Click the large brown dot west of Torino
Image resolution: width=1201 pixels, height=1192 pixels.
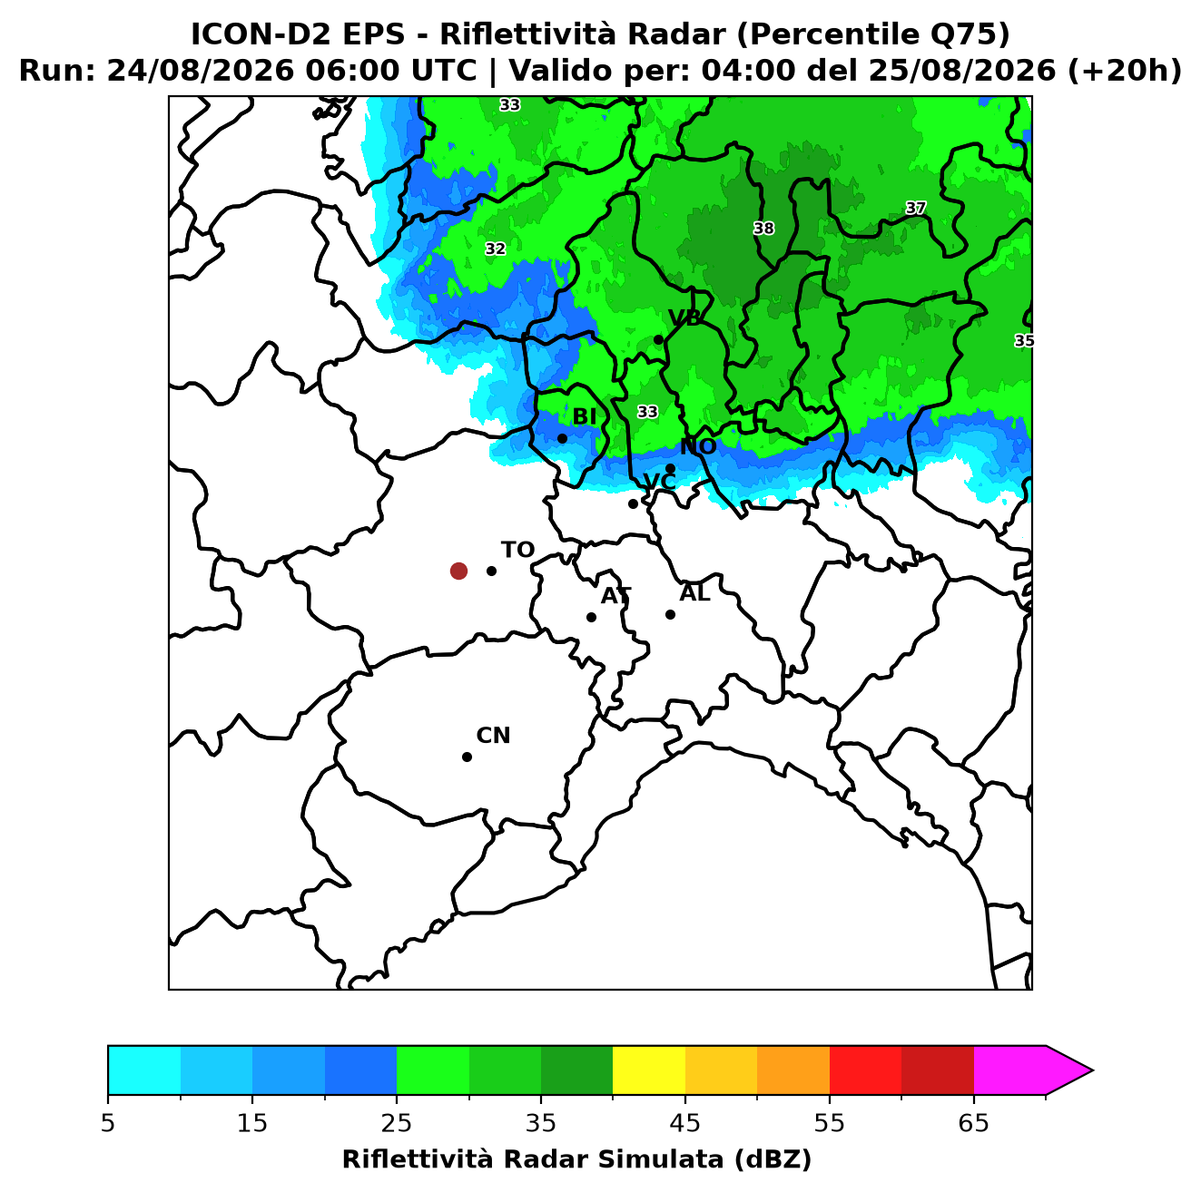pos(458,570)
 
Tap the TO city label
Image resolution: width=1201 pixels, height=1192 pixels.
pos(517,551)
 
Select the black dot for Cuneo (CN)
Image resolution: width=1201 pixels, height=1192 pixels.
pos(467,757)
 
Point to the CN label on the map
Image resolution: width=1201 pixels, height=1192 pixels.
pos(493,736)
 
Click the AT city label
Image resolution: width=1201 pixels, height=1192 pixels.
pos(615,596)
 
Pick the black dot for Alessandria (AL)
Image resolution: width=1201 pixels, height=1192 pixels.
pos(670,614)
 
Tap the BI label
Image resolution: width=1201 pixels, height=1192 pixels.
pos(584,417)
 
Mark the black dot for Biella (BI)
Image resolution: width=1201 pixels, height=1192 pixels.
pos(562,438)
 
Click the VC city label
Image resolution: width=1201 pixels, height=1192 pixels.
pos(659,482)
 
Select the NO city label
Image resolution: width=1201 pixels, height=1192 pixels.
pos(698,446)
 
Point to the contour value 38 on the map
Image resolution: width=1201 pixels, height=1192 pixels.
pos(763,229)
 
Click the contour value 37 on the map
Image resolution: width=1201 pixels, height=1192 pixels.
pos(915,208)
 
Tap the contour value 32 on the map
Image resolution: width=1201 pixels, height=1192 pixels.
pos(495,249)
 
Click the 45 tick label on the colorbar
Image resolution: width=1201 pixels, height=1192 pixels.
pos(685,1122)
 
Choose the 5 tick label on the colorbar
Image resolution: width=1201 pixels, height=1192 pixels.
pos(108,1122)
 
